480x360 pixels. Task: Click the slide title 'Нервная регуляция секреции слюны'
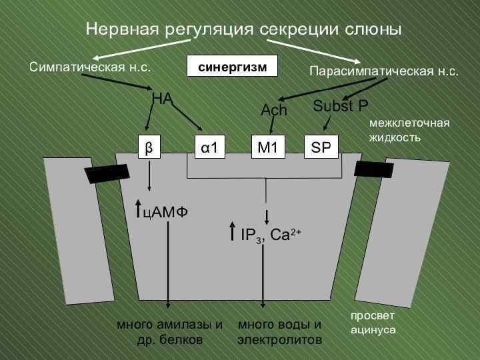(243, 29)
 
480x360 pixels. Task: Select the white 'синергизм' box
(232, 67)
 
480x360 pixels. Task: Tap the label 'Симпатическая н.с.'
(90, 67)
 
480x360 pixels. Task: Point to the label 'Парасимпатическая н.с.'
(385, 70)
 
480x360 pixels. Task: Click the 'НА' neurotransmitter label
(162, 99)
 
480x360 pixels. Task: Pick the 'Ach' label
(273, 111)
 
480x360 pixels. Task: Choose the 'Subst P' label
(341, 105)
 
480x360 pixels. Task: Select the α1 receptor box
(209, 147)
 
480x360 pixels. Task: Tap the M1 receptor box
(267, 147)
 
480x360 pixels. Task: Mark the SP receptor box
(321, 147)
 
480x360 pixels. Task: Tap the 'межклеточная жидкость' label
(409, 130)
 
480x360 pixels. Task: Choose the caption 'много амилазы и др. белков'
(170, 332)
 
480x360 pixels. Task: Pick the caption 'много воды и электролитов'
(279, 332)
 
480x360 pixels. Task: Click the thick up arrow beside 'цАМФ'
(138, 209)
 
